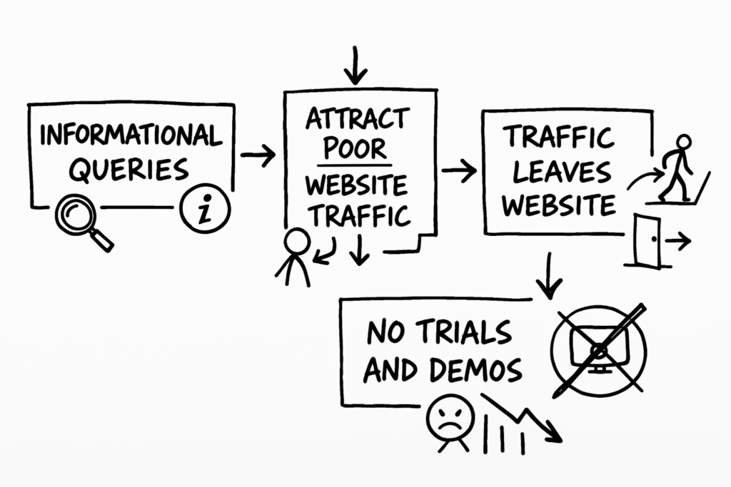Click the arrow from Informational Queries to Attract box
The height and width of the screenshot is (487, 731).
pos(258,155)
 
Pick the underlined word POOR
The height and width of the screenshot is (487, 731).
pos(356,148)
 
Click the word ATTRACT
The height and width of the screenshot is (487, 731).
pos(358,118)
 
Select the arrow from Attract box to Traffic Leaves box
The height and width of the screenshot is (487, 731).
pos(459,170)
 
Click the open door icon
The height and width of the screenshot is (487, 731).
pos(647,240)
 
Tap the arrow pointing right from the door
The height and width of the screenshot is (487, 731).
pos(677,242)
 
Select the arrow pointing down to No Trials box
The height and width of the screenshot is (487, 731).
pos(548,275)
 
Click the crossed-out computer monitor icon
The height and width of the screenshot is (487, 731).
pos(598,348)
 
